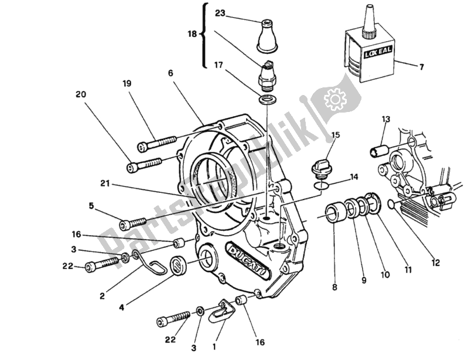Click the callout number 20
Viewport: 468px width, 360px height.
pos(80,94)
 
